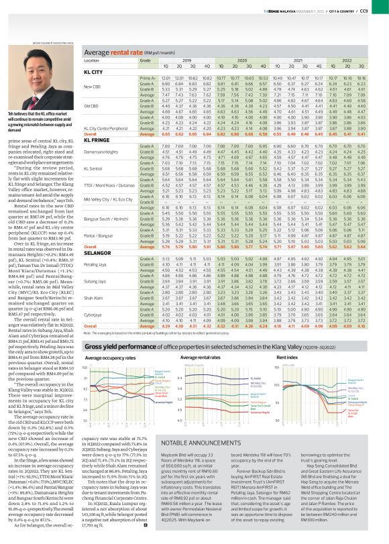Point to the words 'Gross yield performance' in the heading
click(x=119, y=346)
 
